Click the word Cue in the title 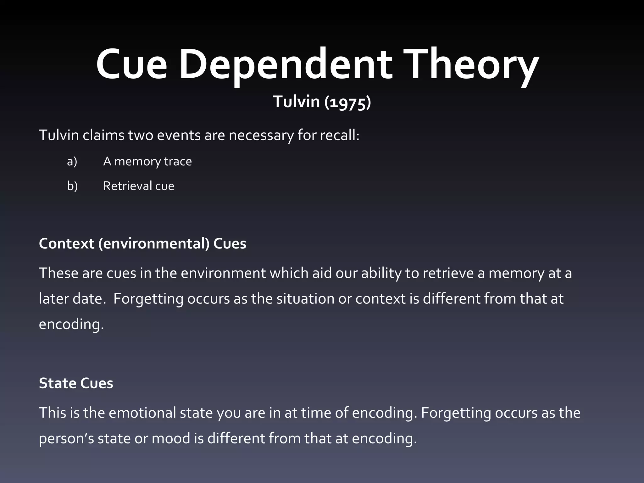[x=131, y=64]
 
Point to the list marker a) [x=72, y=161]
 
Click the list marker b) [x=72, y=186]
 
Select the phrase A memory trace [x=147, y=161]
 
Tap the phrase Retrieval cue [x=138, y=186]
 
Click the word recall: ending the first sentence [x=340, y=135]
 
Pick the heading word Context [x=66, y=244]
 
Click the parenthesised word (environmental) [x=154, y=244]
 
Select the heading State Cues [x=76, y=383]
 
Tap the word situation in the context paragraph [x=305, y=299]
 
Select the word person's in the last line [x=66, y=438]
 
